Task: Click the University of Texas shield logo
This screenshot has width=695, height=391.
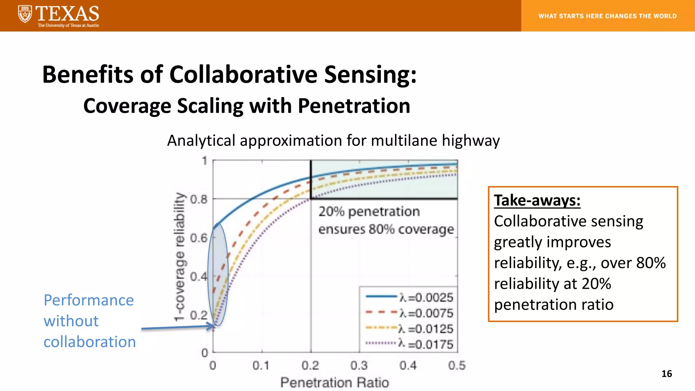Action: [25, 14]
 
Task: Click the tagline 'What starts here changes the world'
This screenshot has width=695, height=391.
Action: [607, 16]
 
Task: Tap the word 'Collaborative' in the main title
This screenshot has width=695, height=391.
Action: [243, 74]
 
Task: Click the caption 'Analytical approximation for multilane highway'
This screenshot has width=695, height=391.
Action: [333, 141]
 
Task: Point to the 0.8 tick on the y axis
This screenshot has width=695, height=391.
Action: [199, 199]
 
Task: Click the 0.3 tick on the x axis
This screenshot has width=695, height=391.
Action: [359, 366]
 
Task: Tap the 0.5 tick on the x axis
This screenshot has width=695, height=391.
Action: [457, 366]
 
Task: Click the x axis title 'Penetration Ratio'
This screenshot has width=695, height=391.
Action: [335, 383]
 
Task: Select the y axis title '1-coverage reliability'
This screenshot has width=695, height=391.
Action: [180, 257]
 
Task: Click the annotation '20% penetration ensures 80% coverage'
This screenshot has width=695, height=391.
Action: [386, 220]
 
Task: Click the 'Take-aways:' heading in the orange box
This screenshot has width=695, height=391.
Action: [537, 200]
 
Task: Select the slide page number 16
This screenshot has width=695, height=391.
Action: [666, 374]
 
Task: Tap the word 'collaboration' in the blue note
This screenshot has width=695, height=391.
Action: [90, 342]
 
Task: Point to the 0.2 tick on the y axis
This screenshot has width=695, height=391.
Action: [199, 315]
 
